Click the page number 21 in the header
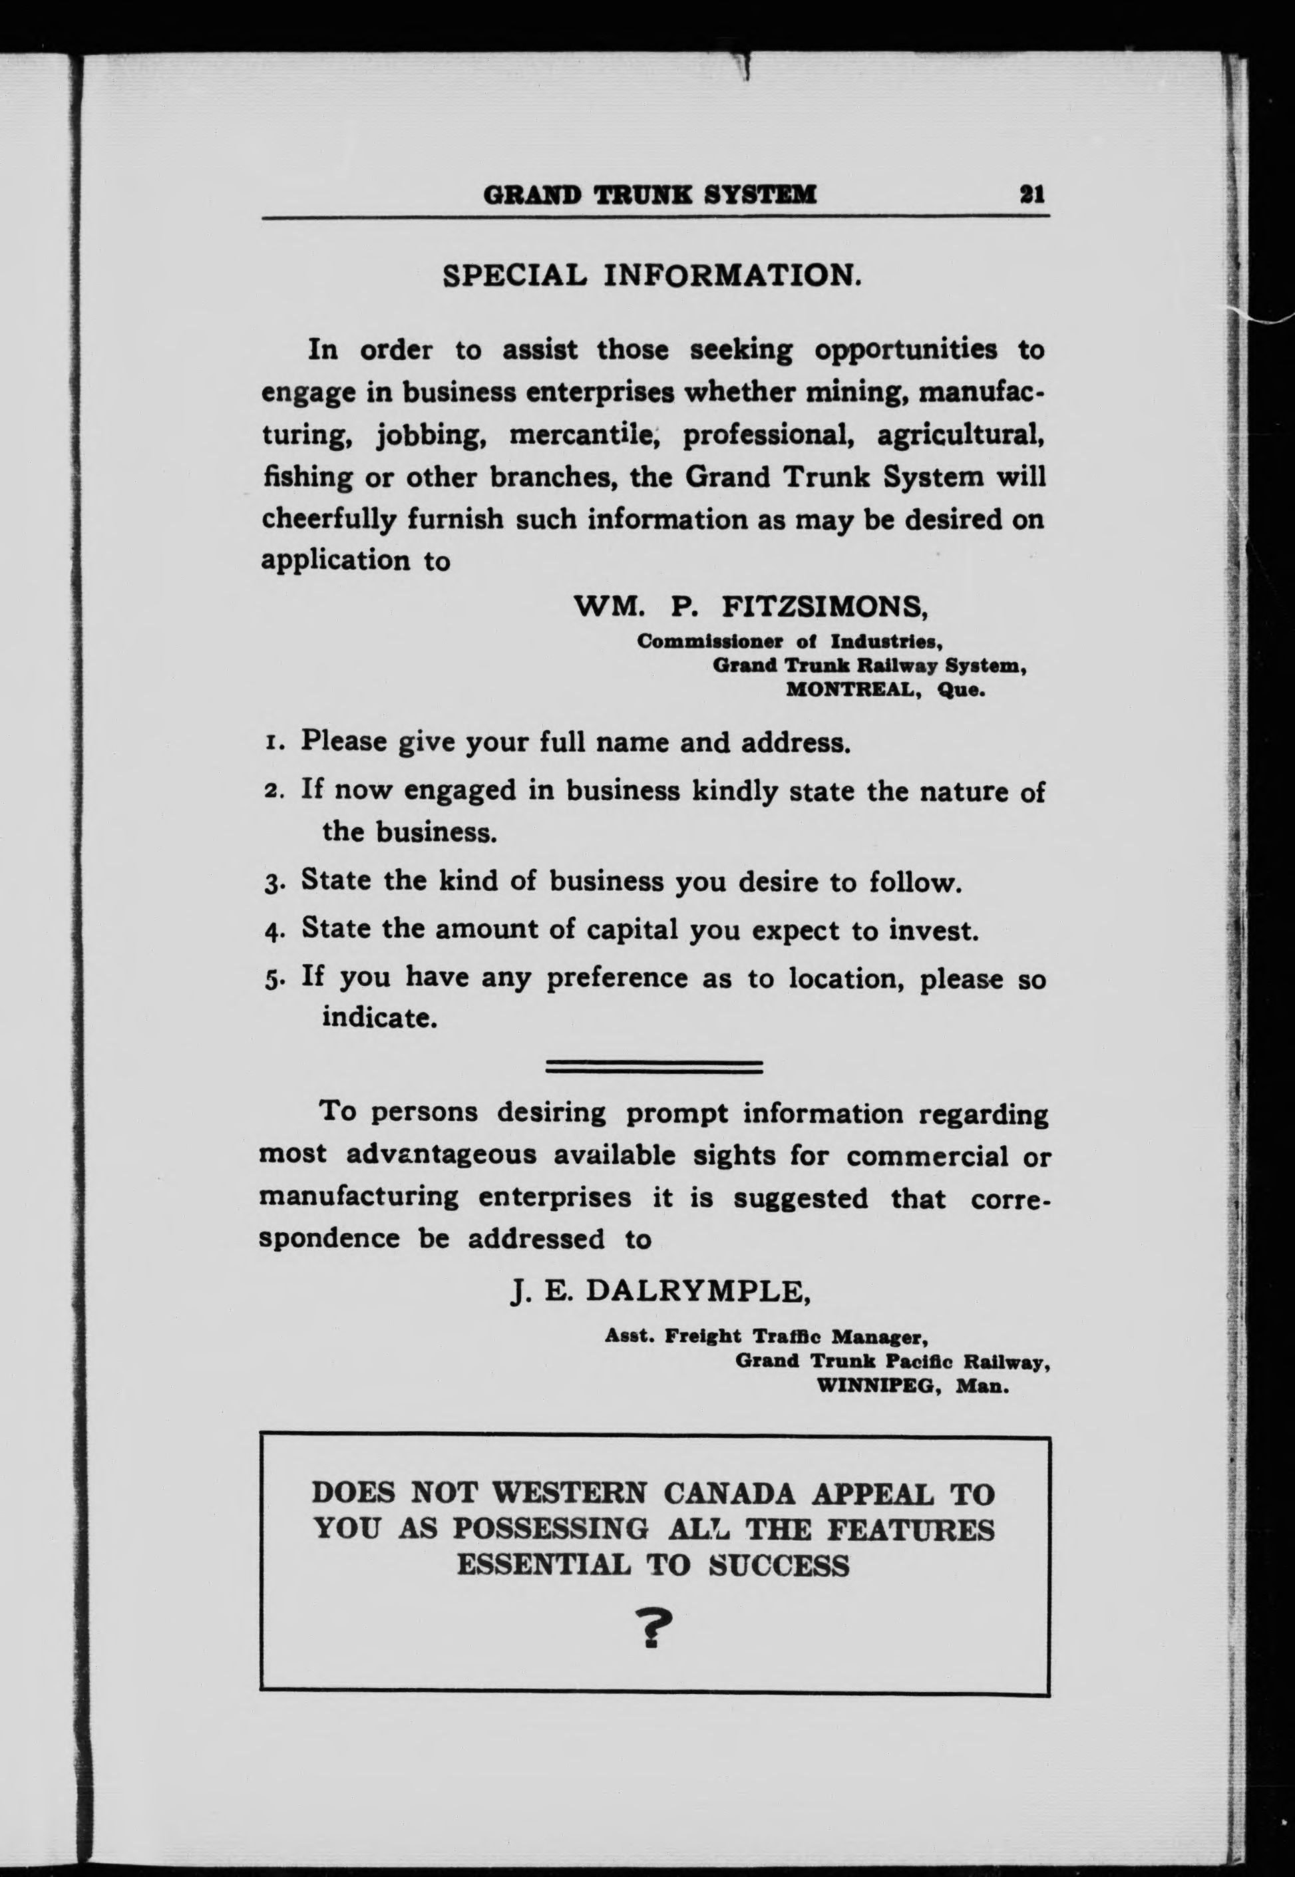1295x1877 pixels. [1032, 195]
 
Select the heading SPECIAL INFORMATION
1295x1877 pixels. [651, 275]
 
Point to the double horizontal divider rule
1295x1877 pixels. [654, 1067]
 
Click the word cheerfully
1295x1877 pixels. [328, 519]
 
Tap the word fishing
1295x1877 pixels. [307, 477]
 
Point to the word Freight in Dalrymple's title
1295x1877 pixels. [703, 1336]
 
